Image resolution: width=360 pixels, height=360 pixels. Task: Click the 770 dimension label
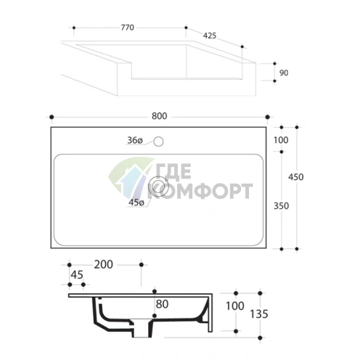tap(128, 28)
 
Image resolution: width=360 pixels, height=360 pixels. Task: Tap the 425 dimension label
tap(210, 36)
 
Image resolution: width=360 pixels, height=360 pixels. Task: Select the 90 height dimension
tap(284, 73)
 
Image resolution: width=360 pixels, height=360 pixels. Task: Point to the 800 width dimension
tap(159, 116)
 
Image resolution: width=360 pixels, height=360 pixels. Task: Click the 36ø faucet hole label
tap(135, 140)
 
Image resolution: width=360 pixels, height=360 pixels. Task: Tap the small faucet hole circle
tap(158, 142)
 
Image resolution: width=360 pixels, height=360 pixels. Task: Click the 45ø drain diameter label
tap(136, 202)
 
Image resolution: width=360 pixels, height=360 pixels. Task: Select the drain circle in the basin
tap(158, 186)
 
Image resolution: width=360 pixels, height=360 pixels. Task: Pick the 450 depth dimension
tap(295, 177)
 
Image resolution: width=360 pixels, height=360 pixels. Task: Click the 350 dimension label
tap(281, 206)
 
